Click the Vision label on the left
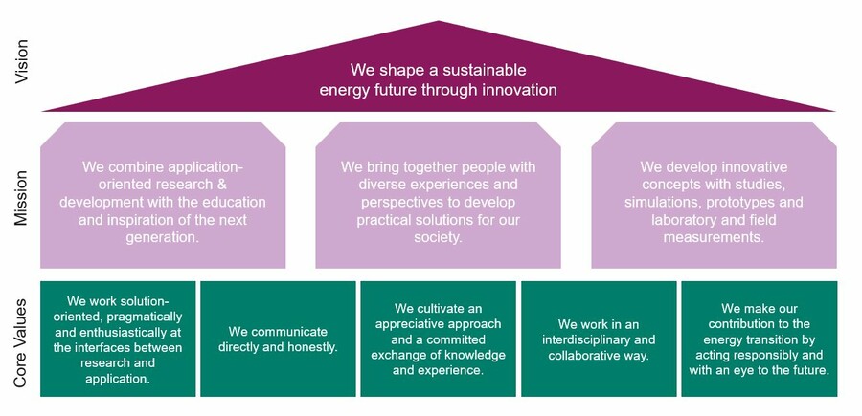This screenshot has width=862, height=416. coord(22,63)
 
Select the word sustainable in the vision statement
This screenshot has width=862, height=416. coord(479,70)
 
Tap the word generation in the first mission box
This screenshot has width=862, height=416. coord(163,238)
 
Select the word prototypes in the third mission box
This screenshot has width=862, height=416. coord(740,203)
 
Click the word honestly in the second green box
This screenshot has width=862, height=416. coord(306,346)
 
